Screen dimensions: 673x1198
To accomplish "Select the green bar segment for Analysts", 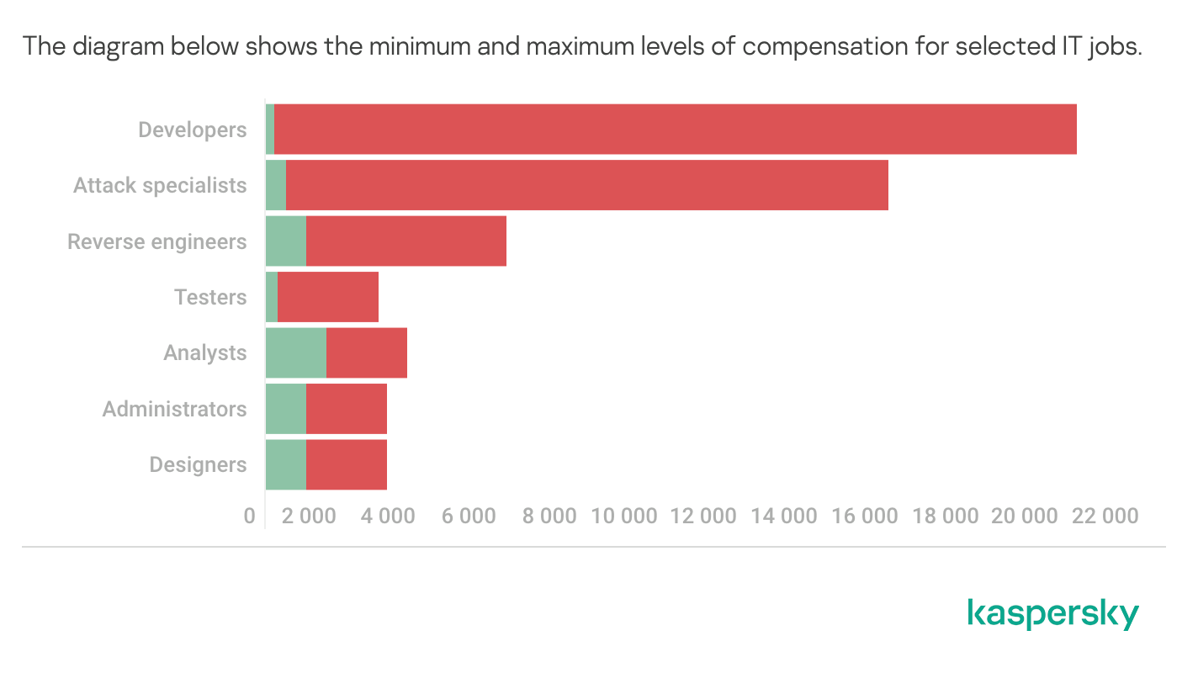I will tap(295, 352).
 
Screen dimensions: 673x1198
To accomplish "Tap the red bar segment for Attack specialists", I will tap(586, 185).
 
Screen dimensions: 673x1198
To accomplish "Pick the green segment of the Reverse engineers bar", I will tap(285, 241).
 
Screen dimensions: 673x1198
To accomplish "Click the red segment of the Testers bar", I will tap(327, 297).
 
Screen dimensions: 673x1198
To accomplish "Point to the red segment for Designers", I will tap(346, 464).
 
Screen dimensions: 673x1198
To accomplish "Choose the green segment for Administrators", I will tap(285, 409).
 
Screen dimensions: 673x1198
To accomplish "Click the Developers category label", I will tap(193, 130).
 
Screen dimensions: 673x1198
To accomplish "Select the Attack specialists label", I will tap(160, 185).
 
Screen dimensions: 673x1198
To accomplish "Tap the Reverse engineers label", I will tap(157, 241).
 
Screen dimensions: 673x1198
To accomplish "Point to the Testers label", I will tap(210, 297).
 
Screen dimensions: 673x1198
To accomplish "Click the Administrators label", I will tap(175, 409).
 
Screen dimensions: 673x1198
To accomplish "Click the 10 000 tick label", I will tap(623, 516).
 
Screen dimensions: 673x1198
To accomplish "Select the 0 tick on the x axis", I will tap(250, 516).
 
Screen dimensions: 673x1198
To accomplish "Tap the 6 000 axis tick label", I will tap(469, 516).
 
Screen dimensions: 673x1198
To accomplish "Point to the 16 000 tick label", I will tap(865, 516).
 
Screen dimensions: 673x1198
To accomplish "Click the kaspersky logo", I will tap(1052, 614).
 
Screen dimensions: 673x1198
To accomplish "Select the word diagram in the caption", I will tap(119, 45).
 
